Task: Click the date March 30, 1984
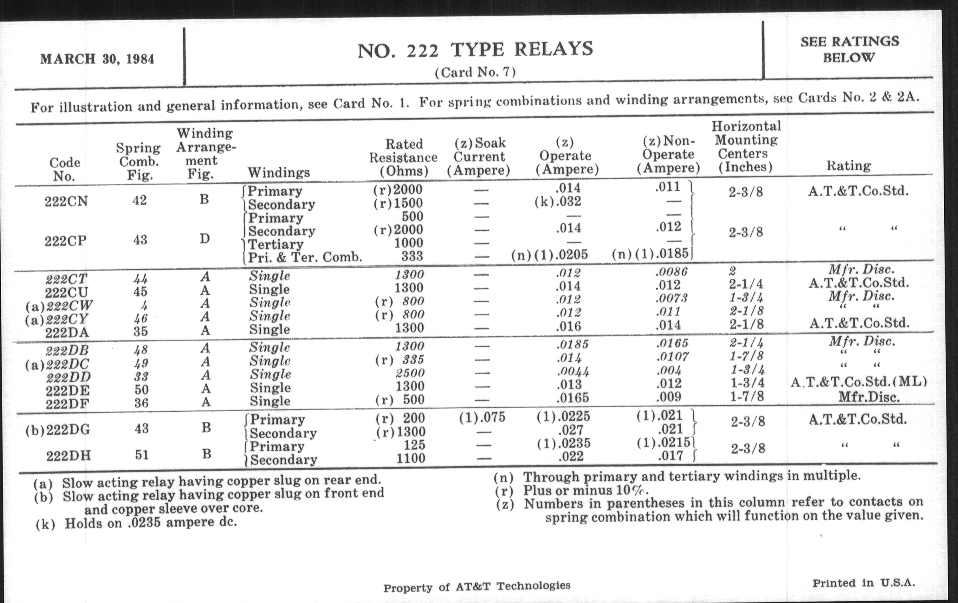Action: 97,59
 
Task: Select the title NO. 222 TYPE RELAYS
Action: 475,50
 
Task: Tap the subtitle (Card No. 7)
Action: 475,73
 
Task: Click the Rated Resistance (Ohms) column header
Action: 403,157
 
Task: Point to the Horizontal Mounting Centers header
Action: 746,147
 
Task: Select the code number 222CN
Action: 66,201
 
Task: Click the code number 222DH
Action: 68,455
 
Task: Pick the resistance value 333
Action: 412,256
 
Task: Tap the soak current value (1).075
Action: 482,417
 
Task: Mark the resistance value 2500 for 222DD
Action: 410,373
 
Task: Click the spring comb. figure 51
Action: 142,454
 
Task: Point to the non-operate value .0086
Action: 671,272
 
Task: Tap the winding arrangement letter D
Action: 204,239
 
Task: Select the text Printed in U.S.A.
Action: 863,583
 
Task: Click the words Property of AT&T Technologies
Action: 477,587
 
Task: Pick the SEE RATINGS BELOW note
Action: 849,49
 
